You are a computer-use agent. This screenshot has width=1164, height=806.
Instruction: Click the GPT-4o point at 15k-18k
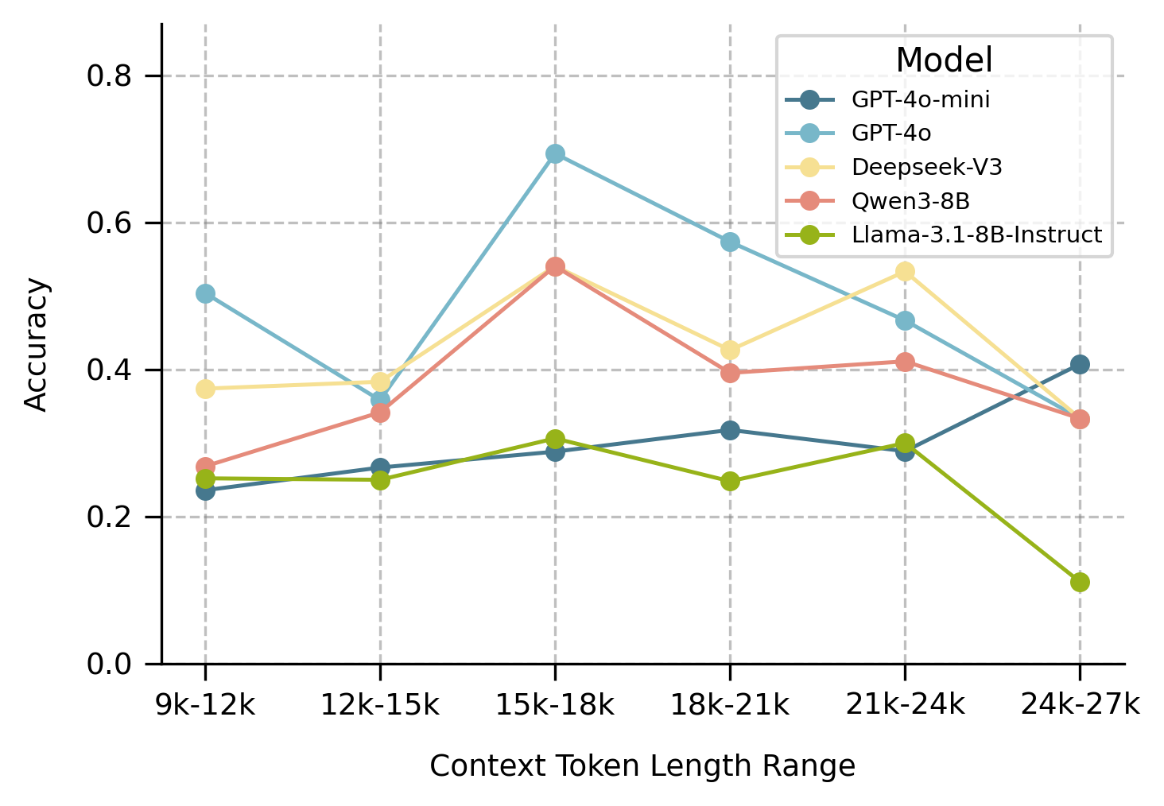tap(555, 153)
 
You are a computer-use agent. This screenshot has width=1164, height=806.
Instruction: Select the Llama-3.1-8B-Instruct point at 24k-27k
tap(1080, 582)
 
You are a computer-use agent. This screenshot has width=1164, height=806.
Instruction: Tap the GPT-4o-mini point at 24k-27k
tap(1080, 364)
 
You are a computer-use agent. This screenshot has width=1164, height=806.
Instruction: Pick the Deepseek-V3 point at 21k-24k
tap(905, 271)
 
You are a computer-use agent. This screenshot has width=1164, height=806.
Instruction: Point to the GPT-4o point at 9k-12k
tap(205, 293)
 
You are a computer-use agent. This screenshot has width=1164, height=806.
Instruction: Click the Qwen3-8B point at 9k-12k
tap(205, 467)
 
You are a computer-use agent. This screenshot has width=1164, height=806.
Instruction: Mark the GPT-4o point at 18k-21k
tap(730, 242)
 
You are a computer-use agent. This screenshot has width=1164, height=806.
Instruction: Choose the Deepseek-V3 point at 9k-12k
tap(205, 389)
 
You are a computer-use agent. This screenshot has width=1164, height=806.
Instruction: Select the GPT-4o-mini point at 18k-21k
tap(730, 430)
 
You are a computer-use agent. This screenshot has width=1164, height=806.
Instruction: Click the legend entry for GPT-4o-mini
tap(920, 100)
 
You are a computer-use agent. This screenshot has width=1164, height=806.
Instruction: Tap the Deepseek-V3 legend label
tap(926, 168)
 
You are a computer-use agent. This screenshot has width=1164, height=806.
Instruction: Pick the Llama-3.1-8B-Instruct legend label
tap(976, 235)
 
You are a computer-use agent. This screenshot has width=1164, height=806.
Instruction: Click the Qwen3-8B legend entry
tap(910, 202)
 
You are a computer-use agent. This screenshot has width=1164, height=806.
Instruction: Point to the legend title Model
tap(944, 60)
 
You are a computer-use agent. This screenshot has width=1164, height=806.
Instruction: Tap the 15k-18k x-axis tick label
tap(555, 704)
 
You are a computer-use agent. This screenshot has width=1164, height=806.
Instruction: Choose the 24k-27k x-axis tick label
tap(1080, 704)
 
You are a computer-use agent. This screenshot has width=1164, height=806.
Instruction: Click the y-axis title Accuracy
tap(37, 344)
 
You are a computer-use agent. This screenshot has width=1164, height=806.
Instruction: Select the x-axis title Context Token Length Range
tap(642, 766)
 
